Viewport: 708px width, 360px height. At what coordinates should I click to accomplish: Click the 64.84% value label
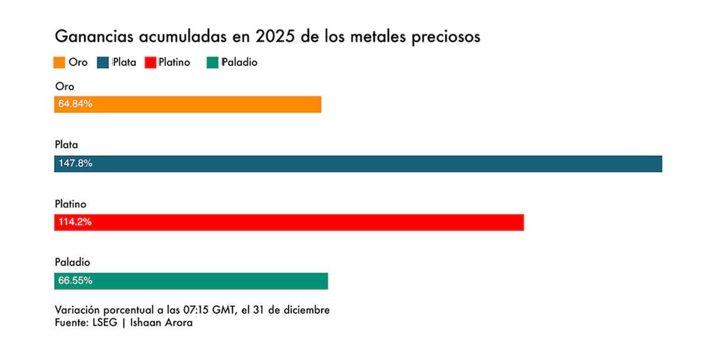[x=76, y=104]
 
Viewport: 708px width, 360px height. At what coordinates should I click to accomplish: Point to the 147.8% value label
[x=76, y=163]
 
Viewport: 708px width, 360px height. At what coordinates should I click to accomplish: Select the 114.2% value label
[x=76, y=222]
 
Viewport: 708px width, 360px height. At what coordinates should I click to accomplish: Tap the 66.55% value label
[x=76, y=281]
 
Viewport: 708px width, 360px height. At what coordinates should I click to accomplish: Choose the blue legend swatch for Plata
[x=104, y=62]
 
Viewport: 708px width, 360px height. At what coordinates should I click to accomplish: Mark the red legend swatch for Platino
[x=150, y=62]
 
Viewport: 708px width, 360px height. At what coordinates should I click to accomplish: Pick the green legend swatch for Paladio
[x=213, y=62]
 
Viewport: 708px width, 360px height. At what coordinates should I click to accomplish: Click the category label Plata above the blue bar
[x=66, y=145]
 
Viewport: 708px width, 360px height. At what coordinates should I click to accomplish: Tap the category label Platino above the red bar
[x=70, y=204]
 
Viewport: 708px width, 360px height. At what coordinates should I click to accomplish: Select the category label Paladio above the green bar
[x=72, y=262]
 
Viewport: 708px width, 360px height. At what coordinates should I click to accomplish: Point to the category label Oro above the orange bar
[x=64, y=86]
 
